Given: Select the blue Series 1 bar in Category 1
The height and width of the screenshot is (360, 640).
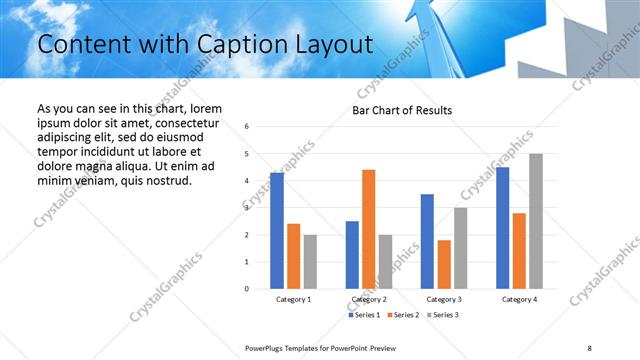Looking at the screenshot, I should pos(277,231).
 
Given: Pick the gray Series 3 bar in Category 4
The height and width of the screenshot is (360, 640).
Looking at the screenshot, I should pos(536,221).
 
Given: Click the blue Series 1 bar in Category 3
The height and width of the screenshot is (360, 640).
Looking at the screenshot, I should pos(427,241).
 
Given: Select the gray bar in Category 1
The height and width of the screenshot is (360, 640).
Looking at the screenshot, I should pos(310,261).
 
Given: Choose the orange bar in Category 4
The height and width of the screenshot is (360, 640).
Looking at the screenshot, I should pos(519,250).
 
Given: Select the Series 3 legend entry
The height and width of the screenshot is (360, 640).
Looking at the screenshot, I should pos(444,315).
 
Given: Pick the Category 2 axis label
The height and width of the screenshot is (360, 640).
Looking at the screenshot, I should pos(368,299).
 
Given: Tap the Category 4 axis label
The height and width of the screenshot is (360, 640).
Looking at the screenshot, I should pos(519,299).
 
